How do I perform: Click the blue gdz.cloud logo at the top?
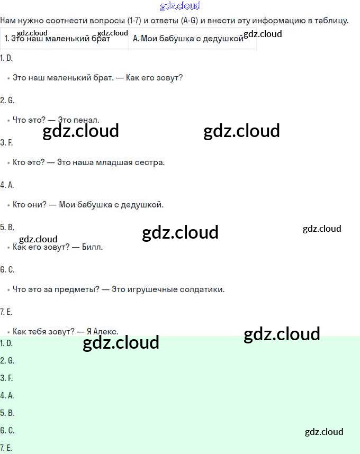tap(180, 6)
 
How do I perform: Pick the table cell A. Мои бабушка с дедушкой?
tap(188, 39)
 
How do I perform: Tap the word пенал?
tap(87, 120)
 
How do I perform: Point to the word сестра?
tap(152, 162)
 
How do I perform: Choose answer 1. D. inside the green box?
tap(6, 343)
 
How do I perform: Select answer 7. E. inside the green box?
tap(6, 448)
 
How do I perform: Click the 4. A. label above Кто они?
tap(7, 185)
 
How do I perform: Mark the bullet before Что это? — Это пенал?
tap(8, 121)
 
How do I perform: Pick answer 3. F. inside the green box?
tap(6, 378)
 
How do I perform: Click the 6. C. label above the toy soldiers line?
tap(7, 269)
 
